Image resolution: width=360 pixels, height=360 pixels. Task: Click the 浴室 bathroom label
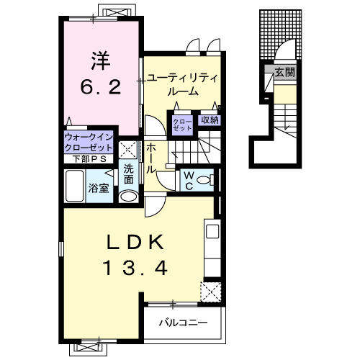click(99, 188)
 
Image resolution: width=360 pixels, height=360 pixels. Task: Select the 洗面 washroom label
click(128, 173)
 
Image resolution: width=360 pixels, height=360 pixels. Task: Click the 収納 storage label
click(210, 120)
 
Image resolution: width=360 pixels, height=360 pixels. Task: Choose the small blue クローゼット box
click(181, 125)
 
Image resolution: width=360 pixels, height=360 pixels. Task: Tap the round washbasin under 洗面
click(129, 195)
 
